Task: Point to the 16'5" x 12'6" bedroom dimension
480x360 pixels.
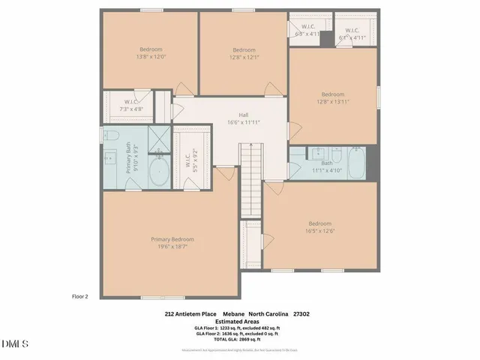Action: (320, 232)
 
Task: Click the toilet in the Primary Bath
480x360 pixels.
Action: (108, 136)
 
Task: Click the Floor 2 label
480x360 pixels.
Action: (80, 296)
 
